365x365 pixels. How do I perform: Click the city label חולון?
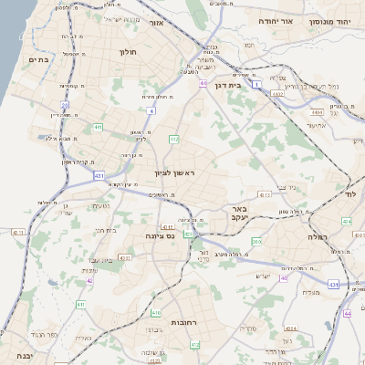127,52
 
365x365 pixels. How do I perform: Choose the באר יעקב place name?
260,214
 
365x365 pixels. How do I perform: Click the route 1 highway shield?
257,84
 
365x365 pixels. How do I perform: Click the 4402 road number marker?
277,93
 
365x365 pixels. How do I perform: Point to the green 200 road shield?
256,241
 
